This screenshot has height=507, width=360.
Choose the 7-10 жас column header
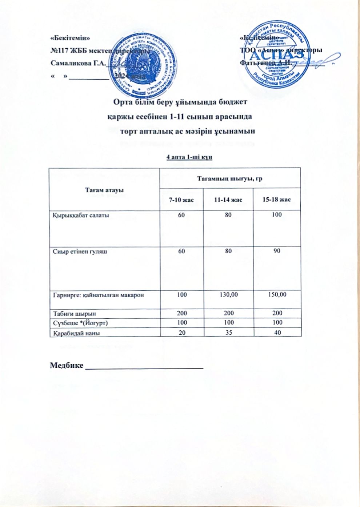(x=181, y=200)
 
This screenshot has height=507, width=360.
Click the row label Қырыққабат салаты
(x=81, y=215)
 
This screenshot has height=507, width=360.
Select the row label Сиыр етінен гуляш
(x=80, y=251)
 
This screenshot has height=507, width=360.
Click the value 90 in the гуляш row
(x=277, y=251)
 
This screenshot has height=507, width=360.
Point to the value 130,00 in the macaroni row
(x=229, y=294)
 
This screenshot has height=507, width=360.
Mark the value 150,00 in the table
(x=277, y=294)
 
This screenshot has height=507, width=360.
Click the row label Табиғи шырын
(x=75, y=313)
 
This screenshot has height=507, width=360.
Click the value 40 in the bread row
(x=277, y=332)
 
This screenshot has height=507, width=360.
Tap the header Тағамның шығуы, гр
(x=229, y=178)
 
